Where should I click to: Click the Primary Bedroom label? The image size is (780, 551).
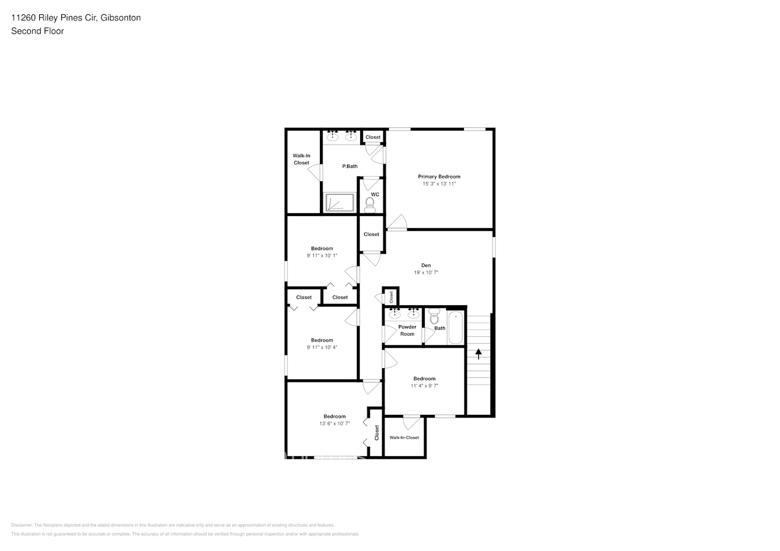(439, 177)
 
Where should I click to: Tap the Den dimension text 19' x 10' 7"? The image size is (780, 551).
(426, 273)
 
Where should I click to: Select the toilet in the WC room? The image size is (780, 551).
(370, 205)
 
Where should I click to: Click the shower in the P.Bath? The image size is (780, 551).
(340, 202)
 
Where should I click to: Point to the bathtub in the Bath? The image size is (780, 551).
(456, 328)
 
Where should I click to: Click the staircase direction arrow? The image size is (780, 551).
(478, 354)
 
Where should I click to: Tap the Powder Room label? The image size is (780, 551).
(407, 331)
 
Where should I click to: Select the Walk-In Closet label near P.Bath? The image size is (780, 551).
(301, 159)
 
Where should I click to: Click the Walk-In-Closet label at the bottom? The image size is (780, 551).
(404, 437)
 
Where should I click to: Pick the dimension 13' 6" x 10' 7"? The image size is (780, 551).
(334, 424)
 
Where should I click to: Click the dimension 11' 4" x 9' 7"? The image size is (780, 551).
(424, 386)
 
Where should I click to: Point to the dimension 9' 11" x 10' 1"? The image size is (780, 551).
(322, 256)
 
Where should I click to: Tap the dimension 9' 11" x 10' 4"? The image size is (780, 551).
(322, 348)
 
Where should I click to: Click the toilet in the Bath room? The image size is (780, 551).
(434, 318)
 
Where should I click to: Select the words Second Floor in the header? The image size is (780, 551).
(38, 31)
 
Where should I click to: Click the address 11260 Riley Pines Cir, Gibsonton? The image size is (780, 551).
(76, 18)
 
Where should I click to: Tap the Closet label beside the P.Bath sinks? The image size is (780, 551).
(373, 137)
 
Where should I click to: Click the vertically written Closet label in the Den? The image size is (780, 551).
(391, 297)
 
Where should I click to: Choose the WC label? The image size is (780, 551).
(375, 195)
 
